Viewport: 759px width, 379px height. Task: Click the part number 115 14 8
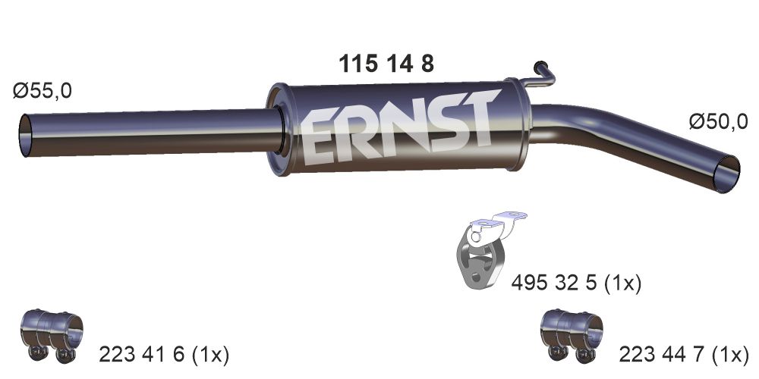[386, 64]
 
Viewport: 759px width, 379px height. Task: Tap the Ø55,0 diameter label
[43, 90]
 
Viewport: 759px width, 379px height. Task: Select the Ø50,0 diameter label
[718, 121]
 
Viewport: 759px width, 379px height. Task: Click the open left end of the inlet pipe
[25, 136]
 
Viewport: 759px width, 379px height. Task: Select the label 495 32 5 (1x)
[576, 283]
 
